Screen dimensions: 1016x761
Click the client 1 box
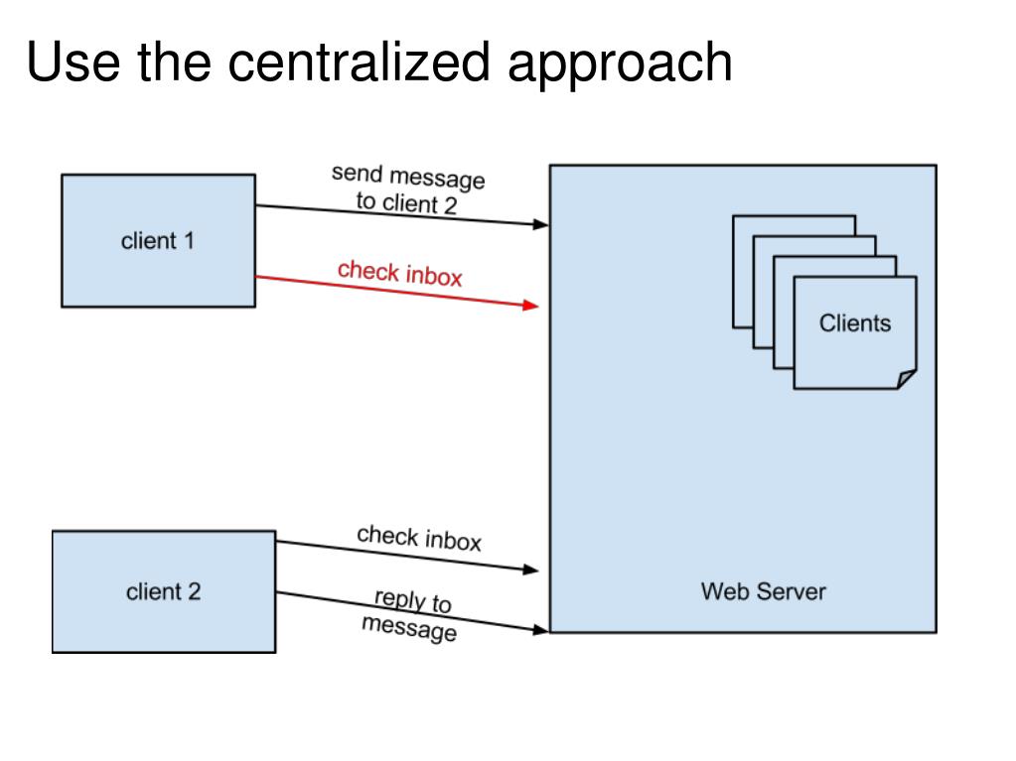click(158, 241)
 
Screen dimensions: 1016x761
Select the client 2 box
click(164, 591)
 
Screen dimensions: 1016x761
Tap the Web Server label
click(764, 591)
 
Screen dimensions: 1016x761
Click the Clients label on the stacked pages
click(855, 322)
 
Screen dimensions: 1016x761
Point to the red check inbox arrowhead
click(530, 305)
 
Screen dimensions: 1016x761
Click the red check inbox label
click(400, 273)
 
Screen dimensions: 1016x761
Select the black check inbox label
click(419, 539)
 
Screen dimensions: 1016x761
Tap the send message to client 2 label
click(407, 189)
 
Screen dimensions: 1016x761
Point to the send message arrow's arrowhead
click(540, 224)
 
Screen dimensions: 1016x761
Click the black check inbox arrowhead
click(530, 570)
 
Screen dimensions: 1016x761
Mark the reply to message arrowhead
click(540, 629)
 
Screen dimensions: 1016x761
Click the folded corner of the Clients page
click(907, 379)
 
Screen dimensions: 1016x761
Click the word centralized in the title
click(359, 63)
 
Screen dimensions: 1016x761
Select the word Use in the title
click(73, 63)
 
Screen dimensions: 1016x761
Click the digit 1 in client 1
click(189, 241)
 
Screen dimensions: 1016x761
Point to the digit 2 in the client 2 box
click(195, 591)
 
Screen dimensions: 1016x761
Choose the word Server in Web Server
click(792, 591)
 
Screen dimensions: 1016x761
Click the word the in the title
click(175, 63)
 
